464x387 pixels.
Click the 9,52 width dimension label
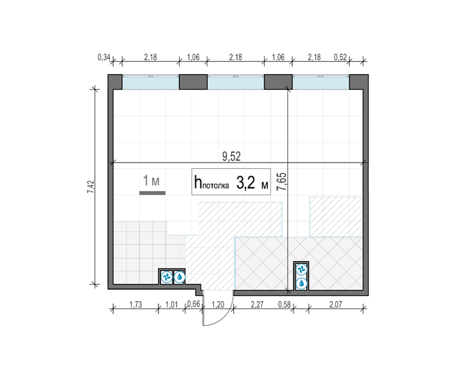click(x=231, y=156)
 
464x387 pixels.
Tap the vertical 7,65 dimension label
click(x=282, y=181)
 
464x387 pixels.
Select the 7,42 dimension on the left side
click(x=91, y=187)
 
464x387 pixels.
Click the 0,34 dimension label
click(x=104, y=57)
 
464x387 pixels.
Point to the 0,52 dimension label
click(x=340, y=57)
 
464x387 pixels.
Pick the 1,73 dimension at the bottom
click(x=136, y=304)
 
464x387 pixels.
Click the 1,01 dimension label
click(x=171, y=304)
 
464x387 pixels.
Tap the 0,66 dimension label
click(x=193, y=304)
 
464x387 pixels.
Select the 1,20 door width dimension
click(x=218, y=304)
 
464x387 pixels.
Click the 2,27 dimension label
click(x=257, y=304)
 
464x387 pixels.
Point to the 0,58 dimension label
click(x=284, y=304)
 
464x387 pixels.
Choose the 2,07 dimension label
click(x=336, y=304)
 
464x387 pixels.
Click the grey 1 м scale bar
click(x=152, y=193)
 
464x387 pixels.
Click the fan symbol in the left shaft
click(x=166, y=277)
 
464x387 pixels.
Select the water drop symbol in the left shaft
click(x=179, y=277)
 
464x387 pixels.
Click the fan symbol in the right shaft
click(x=302, y=270)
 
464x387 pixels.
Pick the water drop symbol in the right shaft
click(x=302, y=283)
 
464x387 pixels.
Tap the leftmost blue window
click(x=151, y=83)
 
